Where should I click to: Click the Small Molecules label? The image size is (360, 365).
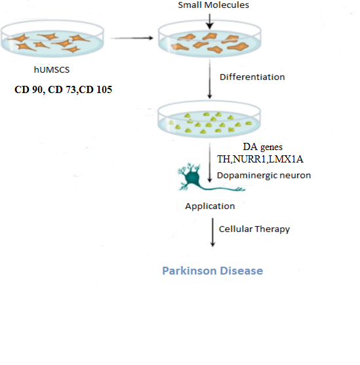pyautogui.click(x=213, y=5)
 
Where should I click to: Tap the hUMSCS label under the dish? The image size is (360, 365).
pyautogui.click(x=52, y=70)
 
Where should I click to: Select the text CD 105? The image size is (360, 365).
pyautogui.click(x=95, y=90)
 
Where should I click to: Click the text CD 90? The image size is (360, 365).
pyautogui.click(x=29, y=90)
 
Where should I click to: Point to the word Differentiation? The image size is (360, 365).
pyautogui.click(x=252, y=77)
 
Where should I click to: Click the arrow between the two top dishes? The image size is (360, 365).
pyautogui.click(x=132, y=38)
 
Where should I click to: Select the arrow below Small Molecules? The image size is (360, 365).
pyautogui.click(x=210, y=22)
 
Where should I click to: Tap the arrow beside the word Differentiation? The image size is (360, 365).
pyautogui.click(x=210, y=79)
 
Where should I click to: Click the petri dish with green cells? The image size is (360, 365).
pyautogui.click(x=209, y=119)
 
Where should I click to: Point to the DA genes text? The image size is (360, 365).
pyautogui.click(x=262, y=147)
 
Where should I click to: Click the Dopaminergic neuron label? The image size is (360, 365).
pyautogui.click(x=264, y=176)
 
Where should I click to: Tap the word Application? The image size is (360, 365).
pyautogui.click(x=210, y=206)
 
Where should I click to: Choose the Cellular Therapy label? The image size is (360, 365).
pyautogui.click(x=254, y=229)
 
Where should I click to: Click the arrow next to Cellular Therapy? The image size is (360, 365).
pyautogui.click(x=212, y=232)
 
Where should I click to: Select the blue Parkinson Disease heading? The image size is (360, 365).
pyautogui.click(x=212, y=271)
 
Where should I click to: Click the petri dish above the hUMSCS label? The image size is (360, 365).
pyautogui.click(x=52, y=39)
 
